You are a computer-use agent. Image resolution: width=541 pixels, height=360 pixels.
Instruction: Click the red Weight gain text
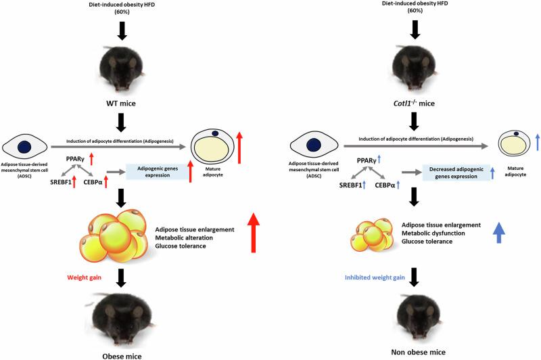pos(84,277)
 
